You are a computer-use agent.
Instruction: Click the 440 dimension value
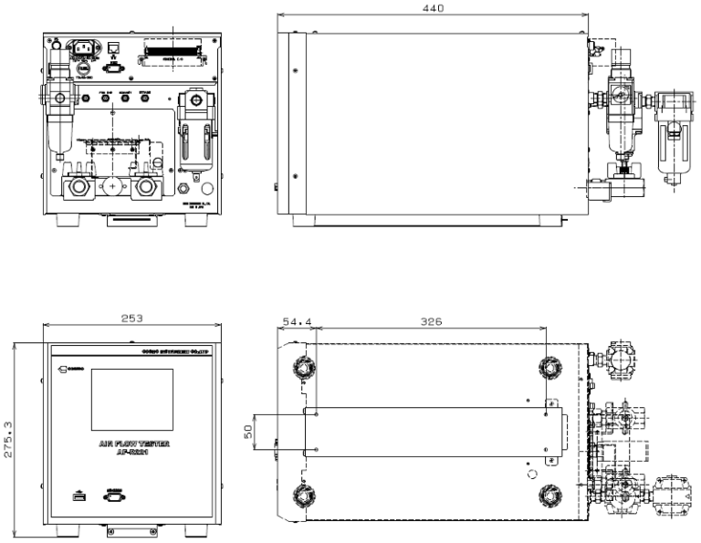click(434, 8)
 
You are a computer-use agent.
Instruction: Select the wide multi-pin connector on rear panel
click(173, 50)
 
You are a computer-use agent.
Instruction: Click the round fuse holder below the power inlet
click(82, 68)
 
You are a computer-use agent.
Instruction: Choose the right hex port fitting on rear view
click(145, 189)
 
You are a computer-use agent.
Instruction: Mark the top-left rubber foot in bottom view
click(301, 367)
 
